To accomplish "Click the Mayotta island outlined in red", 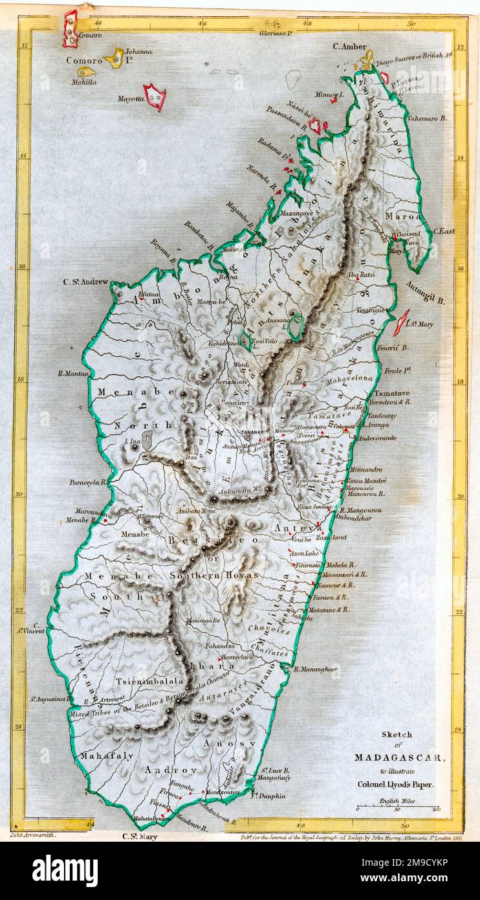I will (x=154, y=96).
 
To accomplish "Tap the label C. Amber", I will (x=349, y=46).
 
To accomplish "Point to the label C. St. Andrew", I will (x=85, y=282).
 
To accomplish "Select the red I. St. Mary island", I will (x=401, y=322).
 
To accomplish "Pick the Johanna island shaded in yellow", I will (x=115, y=58).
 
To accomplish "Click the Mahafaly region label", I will (x=98, y=755).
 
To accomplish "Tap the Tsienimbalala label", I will (x=151, y=681).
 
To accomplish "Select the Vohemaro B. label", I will (x=426, y=118).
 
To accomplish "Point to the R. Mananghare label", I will (x=315, y=669).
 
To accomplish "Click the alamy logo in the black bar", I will (x=65, y=871).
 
